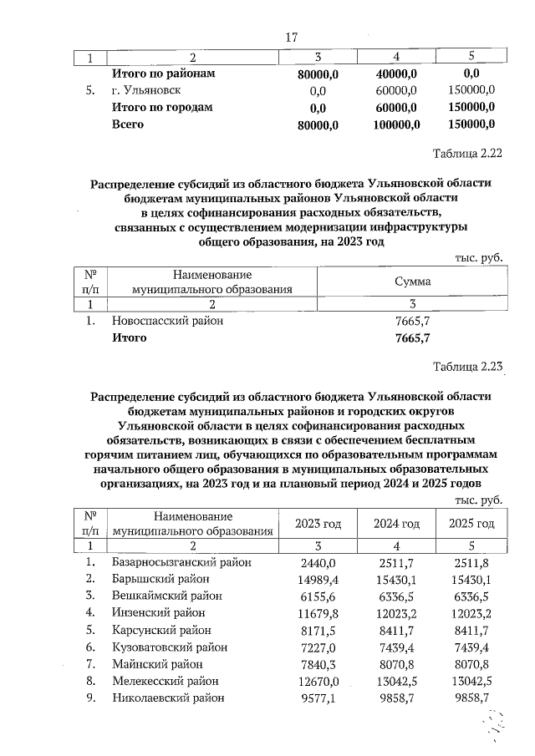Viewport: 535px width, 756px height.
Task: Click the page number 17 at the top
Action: tap(292, 38)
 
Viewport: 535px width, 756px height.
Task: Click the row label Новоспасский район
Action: tap(167, 321)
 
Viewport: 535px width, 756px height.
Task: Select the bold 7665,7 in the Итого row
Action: tap(412, 337)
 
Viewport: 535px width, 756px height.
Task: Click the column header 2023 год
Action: tap(318, 523)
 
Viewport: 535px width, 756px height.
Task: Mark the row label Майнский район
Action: tap(156, 664)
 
